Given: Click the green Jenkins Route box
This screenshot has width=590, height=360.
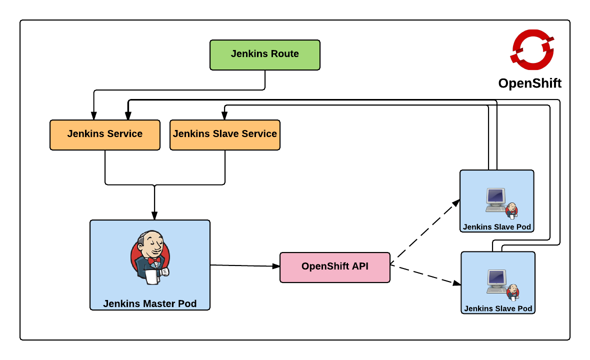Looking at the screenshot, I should [264, 54].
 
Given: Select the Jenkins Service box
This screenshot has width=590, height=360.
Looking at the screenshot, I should [104, 134].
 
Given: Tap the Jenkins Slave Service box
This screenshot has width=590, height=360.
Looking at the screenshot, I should [224, 134].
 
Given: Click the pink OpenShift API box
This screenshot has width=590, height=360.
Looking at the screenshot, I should [334, 267].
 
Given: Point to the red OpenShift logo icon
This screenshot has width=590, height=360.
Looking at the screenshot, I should [531, 49].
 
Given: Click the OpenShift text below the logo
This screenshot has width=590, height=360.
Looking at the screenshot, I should [529, 83].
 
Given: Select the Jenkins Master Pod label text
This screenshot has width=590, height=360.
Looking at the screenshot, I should [149, 303].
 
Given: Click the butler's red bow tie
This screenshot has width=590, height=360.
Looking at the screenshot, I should [154, 260].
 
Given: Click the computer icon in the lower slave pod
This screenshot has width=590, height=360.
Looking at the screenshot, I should [496, 280].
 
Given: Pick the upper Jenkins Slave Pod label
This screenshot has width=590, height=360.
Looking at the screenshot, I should [496, 227].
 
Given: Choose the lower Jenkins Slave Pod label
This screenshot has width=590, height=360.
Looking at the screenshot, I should [498, 308].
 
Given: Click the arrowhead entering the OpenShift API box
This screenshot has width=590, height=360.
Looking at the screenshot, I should [276, 266].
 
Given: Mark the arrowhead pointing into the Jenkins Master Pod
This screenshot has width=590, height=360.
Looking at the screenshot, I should [154, 215].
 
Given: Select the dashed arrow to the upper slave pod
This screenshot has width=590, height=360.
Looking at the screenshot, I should [425, 231].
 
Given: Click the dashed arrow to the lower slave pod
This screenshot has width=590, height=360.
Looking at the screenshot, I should [425, 274].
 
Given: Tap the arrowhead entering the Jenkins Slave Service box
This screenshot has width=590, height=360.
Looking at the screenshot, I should [224, 116].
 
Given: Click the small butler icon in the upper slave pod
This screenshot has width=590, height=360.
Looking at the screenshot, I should [511, 210].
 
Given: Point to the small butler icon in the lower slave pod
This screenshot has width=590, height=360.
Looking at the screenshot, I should [512, 291].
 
